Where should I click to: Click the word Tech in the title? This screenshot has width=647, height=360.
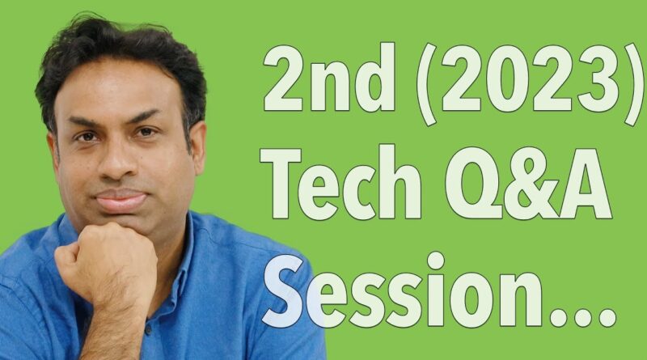[340, 182]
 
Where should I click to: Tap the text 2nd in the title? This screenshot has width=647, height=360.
[329, 77]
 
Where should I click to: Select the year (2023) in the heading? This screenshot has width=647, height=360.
[531, 84]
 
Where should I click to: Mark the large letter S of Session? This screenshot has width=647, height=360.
[287, 290]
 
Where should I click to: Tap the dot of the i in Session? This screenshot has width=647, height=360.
[436, 260]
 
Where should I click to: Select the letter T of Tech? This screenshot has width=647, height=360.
[281, 183]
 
